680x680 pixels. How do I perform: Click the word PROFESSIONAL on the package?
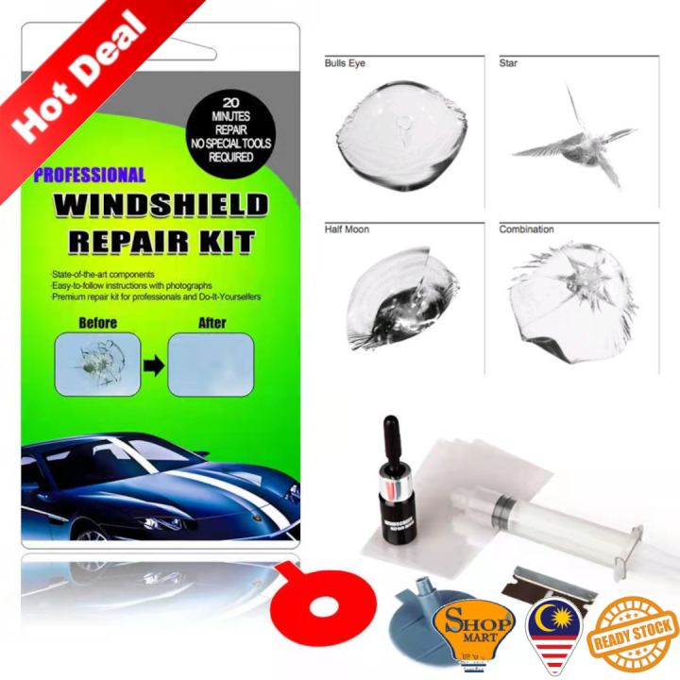coord(90,175)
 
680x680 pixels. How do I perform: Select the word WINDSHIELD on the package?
coord(161,205)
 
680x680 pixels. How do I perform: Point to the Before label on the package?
coord(97,323)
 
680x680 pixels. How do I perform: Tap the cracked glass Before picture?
coord(97,364)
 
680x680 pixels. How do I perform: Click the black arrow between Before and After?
coord(154,364)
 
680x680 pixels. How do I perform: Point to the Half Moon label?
coord(347,229)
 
